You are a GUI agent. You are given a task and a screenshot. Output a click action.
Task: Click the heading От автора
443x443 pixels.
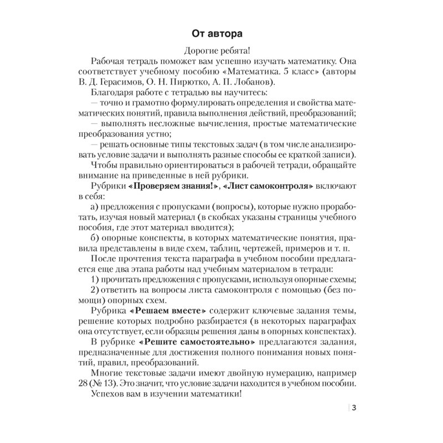point(221,32)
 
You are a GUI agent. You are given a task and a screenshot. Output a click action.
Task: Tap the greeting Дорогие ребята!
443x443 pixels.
point(221,50)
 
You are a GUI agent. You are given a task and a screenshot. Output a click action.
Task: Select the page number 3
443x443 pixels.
point(354,409)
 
